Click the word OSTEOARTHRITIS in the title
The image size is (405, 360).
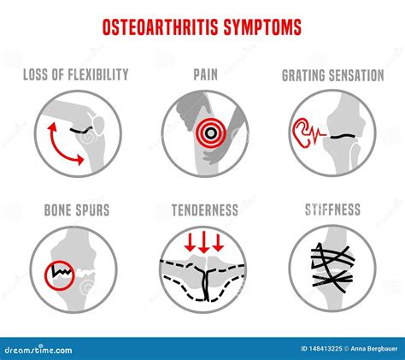(160, 27)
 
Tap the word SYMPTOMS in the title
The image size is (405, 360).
(262, 27)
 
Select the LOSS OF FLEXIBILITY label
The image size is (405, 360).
(76, 74)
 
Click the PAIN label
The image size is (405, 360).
(205, 74)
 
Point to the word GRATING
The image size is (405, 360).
(304, 76)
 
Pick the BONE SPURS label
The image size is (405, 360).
(77, 210)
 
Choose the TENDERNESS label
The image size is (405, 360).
(205, 210)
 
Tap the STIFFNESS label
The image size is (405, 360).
(332, 210)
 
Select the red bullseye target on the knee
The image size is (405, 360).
(210, 133)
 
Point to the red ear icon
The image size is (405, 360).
(301, 133)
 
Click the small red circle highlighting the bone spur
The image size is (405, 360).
(60, 275)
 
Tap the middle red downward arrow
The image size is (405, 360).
(204, 242)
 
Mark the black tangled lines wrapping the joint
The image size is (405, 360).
(332, 268)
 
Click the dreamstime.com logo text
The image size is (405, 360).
(38, 350)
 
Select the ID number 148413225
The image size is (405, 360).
(321, 349)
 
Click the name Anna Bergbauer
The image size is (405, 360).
(374, 349)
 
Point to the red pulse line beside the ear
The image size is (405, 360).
(317, 133)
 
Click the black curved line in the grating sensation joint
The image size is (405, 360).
(343, 136)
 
